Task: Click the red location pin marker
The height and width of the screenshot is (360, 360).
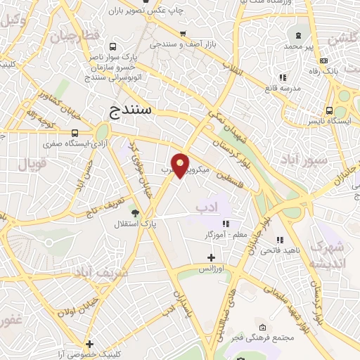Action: [x=181, y=165]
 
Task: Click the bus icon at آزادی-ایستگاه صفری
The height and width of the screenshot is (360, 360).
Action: [x=75, y=133]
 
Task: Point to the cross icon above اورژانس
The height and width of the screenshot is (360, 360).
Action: [x=211, y=258]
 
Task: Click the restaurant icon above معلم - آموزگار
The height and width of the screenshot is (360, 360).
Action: [x=225, y=223]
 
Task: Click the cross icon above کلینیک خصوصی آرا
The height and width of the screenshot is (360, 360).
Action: [x=89, y=345]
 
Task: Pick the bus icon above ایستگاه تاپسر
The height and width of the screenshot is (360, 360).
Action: [x=330, y=110]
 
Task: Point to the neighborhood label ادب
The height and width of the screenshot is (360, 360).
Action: [x=207, y=207]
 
